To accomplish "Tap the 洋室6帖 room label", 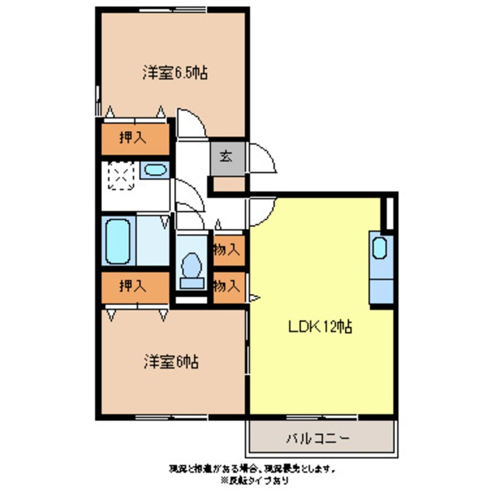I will [171, 362].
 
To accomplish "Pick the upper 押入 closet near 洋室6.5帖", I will [135, 138].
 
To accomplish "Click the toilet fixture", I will [192, 271].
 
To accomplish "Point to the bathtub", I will [118, 240].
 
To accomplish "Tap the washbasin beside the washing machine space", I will [154, 169].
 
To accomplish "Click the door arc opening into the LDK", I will [263, 211].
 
